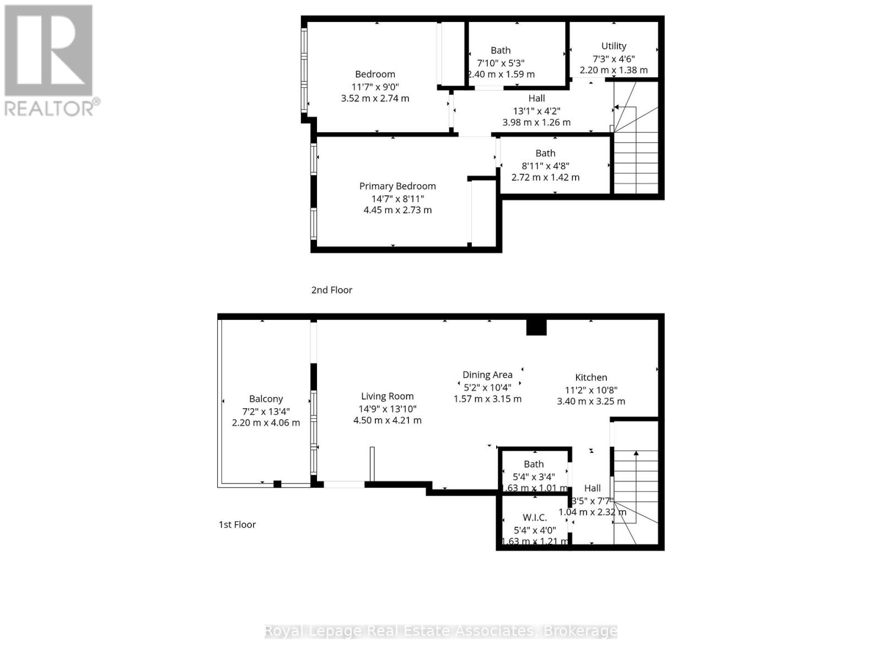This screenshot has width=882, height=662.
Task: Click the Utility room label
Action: (x=614, y=46)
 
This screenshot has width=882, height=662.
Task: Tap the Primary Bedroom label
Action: (x=397, y=186)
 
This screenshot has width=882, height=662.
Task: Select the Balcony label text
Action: (x=266, y=399)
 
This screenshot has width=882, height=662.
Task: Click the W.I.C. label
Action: (x=535, y=517)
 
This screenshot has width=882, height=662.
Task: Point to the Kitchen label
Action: (x=591, y=377)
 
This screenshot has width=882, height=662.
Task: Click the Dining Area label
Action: (x=487, y=375)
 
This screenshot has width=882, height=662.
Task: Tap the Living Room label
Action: (x=387, y=396)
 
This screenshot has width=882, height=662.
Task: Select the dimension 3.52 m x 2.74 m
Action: (x=375, y=98)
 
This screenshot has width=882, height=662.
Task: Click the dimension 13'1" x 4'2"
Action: (x=536, y=110)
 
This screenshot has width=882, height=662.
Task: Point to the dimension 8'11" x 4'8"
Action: (x=545, y=165)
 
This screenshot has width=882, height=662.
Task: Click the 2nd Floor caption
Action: (x=331, y=290)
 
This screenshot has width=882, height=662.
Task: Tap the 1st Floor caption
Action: (x=237, y=525)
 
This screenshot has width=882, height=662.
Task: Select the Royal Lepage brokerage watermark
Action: (x=441, y=631)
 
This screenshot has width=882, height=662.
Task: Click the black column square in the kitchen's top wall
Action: (x=536, y=327)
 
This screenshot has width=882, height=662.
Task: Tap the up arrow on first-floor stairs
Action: (x=636, y=453)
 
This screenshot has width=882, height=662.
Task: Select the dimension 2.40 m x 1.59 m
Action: (x=501, y=74)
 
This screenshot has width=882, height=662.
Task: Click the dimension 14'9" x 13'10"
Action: (x=387, y=408)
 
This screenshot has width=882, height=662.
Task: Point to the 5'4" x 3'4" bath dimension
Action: (x=534, y=476)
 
